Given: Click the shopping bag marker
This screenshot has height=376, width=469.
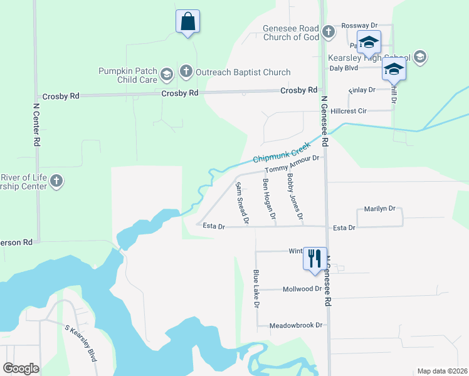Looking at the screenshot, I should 187,22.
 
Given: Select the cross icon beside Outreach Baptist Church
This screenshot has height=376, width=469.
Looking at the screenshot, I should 186,71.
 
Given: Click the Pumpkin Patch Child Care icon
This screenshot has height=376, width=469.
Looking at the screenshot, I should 166,75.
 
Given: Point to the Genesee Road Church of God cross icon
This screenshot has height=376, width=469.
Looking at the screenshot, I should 328,32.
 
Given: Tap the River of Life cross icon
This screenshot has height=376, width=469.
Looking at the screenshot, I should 56,182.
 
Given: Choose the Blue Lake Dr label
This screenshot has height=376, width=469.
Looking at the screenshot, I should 256,288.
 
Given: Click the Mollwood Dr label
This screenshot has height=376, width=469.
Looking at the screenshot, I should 302,289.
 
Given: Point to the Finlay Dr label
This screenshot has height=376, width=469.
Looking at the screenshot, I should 361,90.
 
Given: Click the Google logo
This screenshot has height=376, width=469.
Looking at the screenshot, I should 21,368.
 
